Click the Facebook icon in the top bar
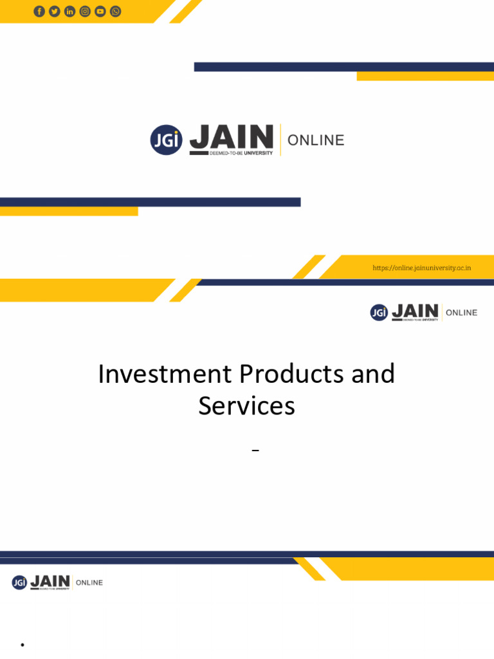point(39,11)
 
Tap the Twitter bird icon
point(55,11)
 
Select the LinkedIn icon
point(69,11)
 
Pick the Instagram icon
point(85,11)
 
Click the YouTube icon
point(100,11)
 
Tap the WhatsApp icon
point(116,11)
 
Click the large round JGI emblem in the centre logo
point(166,140)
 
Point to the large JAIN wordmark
point(232,136)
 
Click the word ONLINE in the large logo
point(316,140)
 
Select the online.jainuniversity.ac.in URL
point(422,268)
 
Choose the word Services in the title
point(246,406)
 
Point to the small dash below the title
point(255,451)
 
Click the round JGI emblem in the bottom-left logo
point(19,582)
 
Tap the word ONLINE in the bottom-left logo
point(89,583)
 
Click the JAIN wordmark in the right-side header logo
point(415,311)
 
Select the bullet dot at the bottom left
point(22,644)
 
